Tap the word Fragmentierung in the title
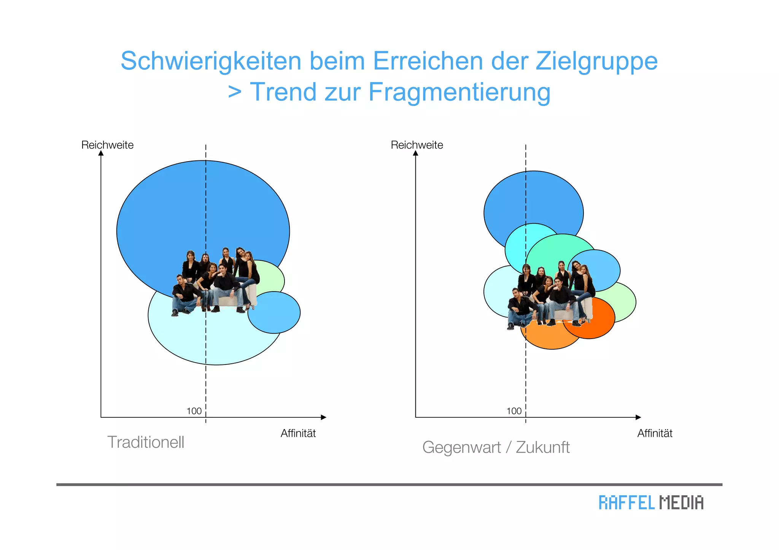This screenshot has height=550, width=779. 459,92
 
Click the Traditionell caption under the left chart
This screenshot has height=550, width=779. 146,442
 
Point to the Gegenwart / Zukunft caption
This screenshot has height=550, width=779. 496,447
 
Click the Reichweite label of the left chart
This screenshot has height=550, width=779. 107,145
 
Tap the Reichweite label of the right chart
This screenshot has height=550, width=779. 417,145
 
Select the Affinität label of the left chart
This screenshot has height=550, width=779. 298,433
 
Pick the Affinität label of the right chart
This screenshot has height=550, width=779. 655,433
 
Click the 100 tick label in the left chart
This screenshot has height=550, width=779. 194,411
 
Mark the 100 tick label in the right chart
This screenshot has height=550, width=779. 514,411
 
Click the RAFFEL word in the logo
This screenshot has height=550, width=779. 626,502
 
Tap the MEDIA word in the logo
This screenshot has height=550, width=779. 681,502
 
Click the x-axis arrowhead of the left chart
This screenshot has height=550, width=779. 324,417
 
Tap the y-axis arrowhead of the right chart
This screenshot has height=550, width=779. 415,153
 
